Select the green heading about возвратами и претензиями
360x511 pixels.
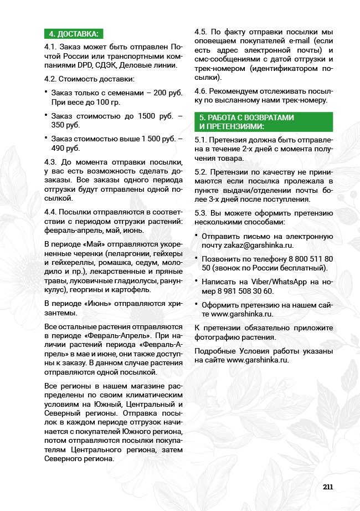(x=246, y=121)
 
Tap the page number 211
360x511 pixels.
(x=327, y=487)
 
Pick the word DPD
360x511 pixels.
(x=86, y=65)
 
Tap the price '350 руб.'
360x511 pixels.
(x=65, y=125)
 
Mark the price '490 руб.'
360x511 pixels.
(x=65, y=148)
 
